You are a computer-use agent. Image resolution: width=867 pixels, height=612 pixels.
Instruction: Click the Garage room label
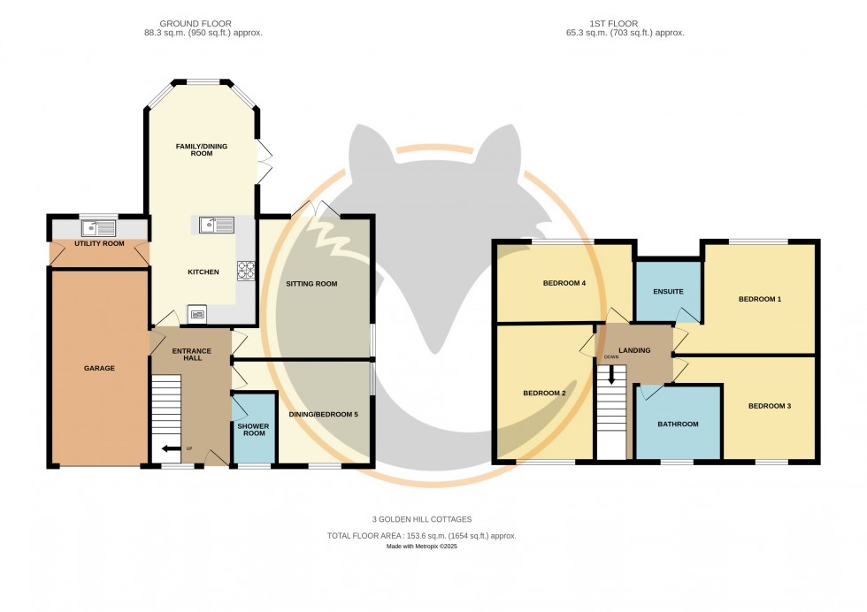tap(99, 368)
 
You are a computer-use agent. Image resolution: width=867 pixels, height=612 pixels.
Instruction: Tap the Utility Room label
tap(99, 244)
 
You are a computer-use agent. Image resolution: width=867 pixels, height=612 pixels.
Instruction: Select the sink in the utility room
tap(98, 228)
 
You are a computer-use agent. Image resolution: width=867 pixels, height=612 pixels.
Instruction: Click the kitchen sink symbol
tap(217, 225)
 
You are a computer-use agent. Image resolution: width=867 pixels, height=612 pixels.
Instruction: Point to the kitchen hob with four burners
tap(246, 271)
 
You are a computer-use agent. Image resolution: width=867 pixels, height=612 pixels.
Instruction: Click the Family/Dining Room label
tap(202, 149)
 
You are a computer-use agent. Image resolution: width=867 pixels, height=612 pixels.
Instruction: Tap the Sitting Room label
tap(311, 284)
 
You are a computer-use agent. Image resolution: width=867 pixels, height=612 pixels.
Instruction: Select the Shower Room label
tap(254, 430)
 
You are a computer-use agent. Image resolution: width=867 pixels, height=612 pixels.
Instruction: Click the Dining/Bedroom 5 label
tap(324, 415)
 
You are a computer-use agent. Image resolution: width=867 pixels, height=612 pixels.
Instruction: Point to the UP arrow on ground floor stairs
tap(172, 449)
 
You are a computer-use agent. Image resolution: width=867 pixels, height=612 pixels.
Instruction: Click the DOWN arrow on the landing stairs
tap(611, 375)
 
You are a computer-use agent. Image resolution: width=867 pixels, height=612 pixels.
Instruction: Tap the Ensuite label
tap(669, 292)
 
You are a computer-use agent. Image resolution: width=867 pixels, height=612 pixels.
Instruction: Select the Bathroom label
tap(678, 425)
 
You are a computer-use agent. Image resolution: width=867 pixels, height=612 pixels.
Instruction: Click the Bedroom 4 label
tap(564, 284)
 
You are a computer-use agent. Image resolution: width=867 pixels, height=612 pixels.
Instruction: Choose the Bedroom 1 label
tap(760, 300)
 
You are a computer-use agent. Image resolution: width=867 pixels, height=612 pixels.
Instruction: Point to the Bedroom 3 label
tap(770, 406)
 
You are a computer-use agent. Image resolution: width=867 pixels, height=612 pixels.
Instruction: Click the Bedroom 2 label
tap(545, 394)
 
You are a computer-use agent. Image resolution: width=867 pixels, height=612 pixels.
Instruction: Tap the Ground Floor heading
tap(196, 24)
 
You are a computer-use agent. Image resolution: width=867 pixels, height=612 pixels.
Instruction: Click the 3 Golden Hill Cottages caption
tap(422, 520)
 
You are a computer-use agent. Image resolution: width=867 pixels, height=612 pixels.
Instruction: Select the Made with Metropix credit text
tap(422, 547)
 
